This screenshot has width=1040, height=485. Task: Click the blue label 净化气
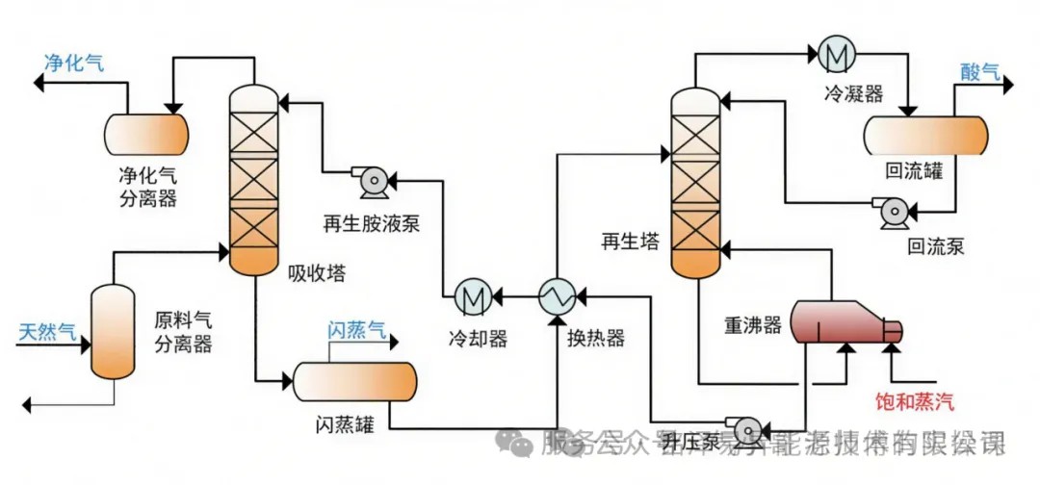(x=74, y=64)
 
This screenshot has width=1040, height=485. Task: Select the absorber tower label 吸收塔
(x=317, y=273)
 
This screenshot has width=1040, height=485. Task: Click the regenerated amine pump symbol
(x=370, y=179)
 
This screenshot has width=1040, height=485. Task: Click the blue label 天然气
(x=48, y=333)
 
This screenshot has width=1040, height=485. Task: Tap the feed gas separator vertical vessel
(x=111, y=330)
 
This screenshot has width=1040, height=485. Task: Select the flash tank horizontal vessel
(x=354, y=382)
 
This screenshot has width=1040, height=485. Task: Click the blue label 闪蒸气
(x=356, y=331)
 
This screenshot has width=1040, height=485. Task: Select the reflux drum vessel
(x=925, y=136)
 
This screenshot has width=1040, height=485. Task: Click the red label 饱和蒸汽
(x=914, y=400)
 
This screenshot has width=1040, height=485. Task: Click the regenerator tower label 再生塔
(x=631, y=242)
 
